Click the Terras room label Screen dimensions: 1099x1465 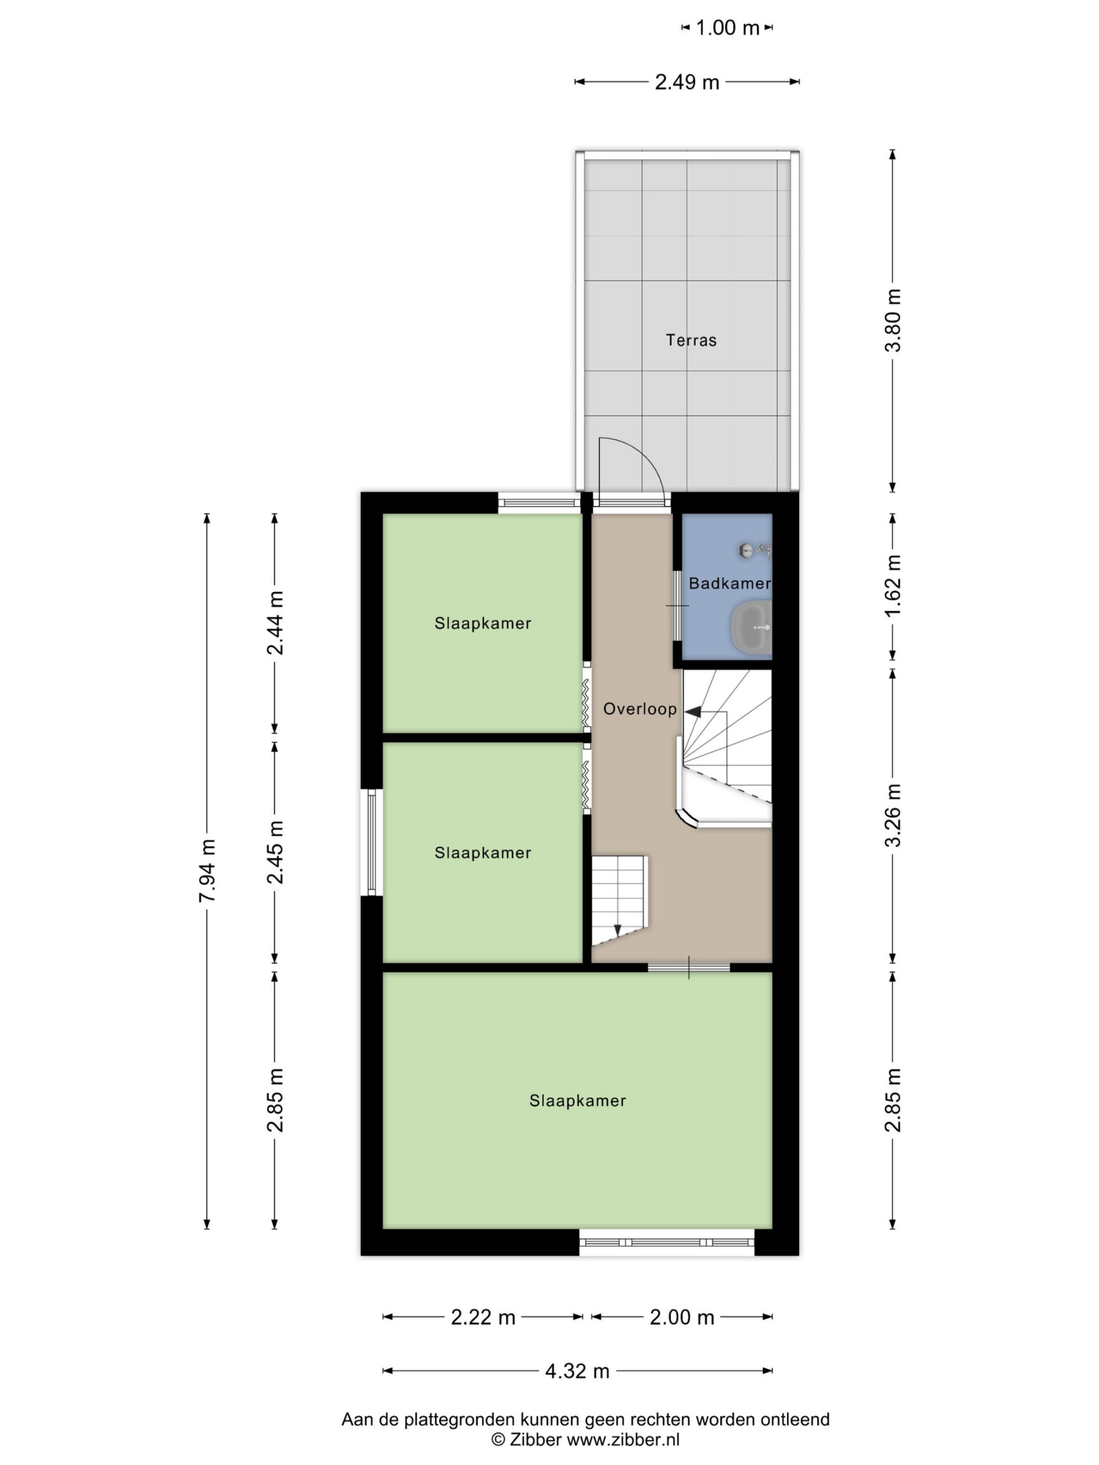[x=691, y=340]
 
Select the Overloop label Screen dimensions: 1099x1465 [x=639, y=709]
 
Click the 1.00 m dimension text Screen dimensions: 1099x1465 [x=727, y=28]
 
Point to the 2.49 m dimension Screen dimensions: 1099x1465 [x=687, y=82]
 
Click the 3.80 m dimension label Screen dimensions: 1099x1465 [x=893, y=320]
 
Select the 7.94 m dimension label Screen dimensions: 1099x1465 [x=207, y=870]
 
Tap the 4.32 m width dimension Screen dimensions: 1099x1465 [x=577, y=1371]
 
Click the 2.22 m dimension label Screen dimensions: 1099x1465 [x=483, y=1317]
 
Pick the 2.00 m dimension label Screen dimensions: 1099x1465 [x=682, y=1317]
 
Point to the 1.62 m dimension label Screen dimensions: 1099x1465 [x=893, y=585]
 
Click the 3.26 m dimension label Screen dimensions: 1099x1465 [x=893, y=815]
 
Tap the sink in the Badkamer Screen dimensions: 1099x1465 [x=751, y=626]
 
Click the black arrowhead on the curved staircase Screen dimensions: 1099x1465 [x=692, y=712]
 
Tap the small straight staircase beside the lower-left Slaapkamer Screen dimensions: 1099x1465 [x=619, y=900]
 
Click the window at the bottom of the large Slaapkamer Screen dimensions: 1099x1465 [x=666, y=1242]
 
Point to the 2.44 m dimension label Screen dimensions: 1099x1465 [x=275, y=623]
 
